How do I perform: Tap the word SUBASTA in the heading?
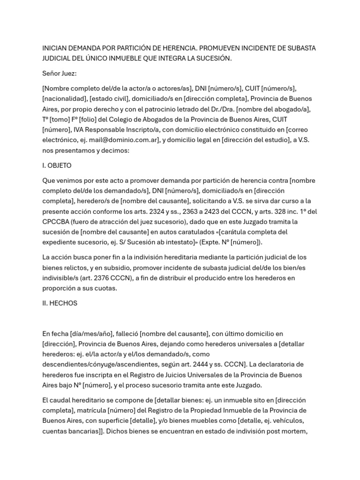coord(300,48)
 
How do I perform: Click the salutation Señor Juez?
coord(60,73)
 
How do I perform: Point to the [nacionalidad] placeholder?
coord(63,98)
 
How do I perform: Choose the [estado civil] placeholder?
coord(109,98)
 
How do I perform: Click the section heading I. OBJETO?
coord(57,165)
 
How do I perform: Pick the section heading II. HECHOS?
coord(60,303)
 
